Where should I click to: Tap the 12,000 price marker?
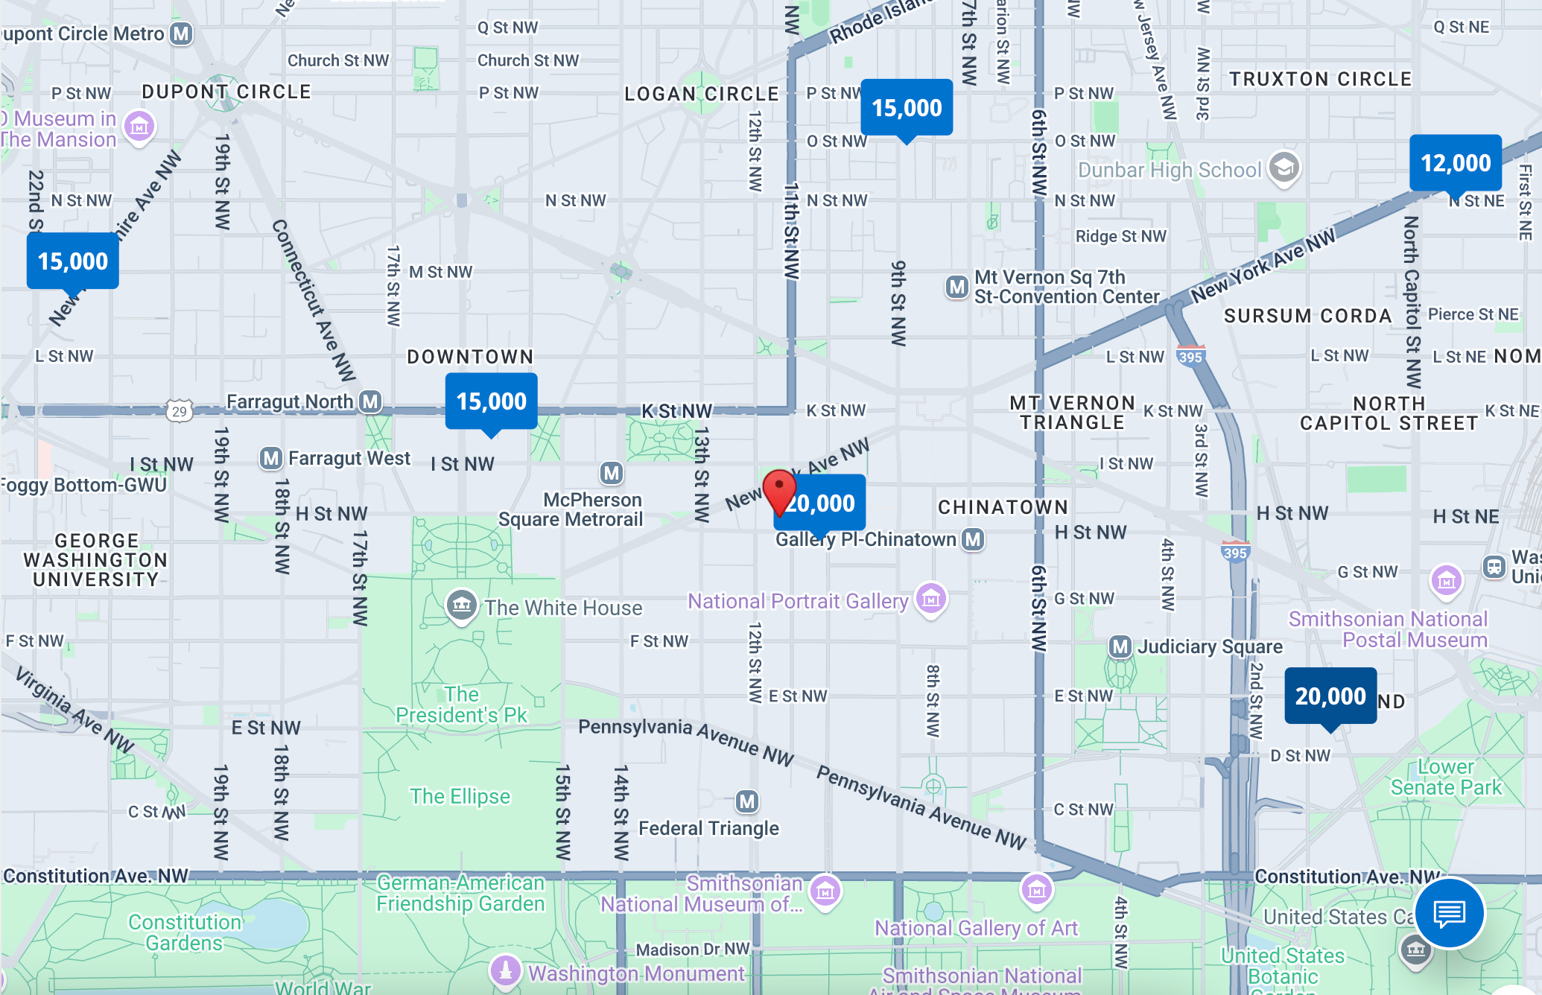pos(1456,163)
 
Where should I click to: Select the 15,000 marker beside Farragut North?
pos(491,401)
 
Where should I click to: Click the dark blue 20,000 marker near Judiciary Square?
pos(1330,696)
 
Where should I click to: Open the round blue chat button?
pos(1449,913)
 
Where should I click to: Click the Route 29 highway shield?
pos(180,411)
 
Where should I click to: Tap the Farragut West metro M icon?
pos(270,458)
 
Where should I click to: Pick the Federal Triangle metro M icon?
pos(747,801)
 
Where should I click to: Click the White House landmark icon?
pos(461,605)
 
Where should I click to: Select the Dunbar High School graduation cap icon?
pos(1284,168)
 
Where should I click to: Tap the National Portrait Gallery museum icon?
pos(931,597)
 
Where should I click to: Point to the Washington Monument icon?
pos(506,970)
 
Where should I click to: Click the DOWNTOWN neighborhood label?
pos(470,357)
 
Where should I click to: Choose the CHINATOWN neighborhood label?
pos(1003,507)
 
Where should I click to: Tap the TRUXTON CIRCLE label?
pos(1320,79)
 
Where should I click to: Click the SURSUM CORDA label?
pos(1307,316)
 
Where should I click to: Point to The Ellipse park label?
pos(460,796)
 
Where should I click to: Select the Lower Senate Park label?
pos(1446,777)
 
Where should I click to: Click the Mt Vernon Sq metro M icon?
pos(956,287)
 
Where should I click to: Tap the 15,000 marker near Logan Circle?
pos(907,108)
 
